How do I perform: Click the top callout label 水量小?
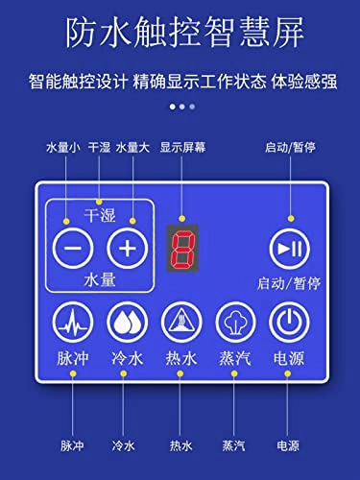[63, 148]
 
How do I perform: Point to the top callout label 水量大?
[133, 148]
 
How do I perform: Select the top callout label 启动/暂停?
[285, 148]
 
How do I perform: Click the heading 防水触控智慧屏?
[180, 35]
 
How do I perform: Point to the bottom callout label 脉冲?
[72, 445]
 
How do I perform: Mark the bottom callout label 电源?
[287, 445]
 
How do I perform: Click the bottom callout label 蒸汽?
[233, 445]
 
